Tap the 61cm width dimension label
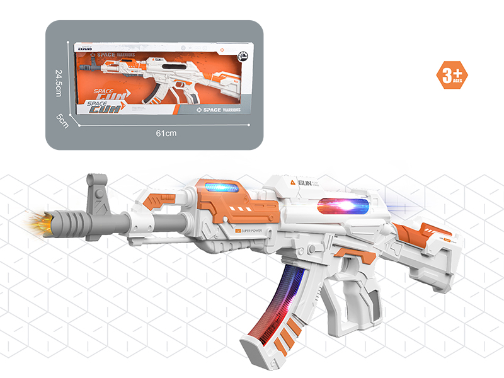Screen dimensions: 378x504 tap(167, 134)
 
